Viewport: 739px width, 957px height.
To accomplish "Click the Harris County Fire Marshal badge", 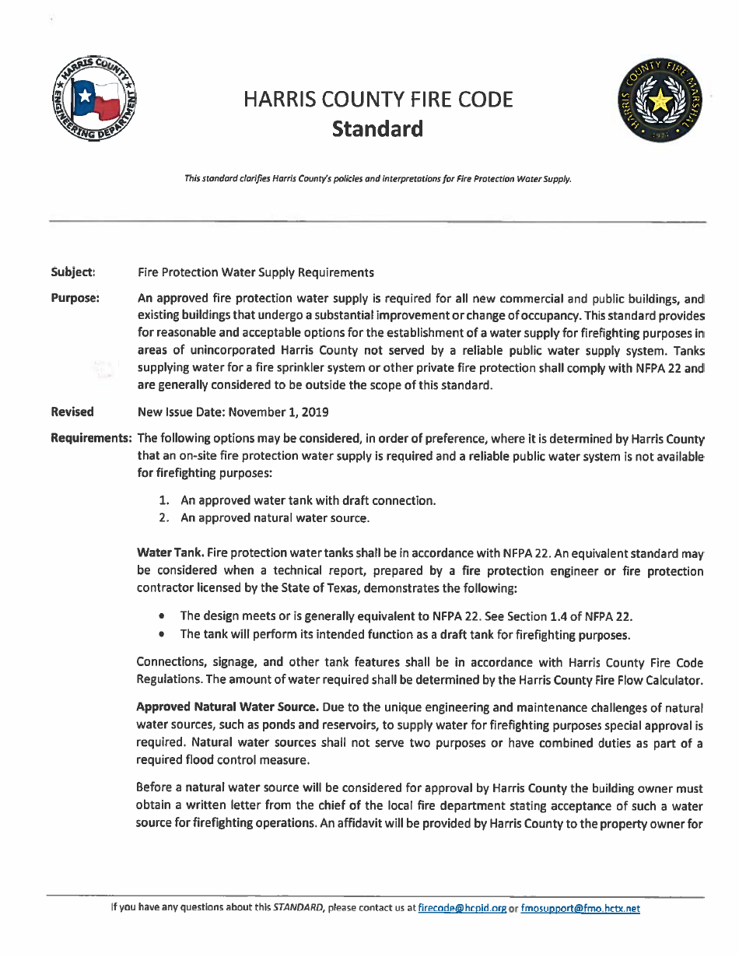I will (x=660, y=101).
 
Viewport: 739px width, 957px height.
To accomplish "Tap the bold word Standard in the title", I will (x=377, y=128).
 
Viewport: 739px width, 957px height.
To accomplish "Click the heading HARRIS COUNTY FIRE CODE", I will (x=377, y=100).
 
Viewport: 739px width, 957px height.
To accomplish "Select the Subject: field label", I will (x=72, y=272).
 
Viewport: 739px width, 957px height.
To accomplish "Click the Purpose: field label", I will (x=75, y=298).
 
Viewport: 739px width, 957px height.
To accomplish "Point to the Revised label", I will (x=72, y=412).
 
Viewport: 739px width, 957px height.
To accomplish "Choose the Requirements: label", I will (x=91, y=437).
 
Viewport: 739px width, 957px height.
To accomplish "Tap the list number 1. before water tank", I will (x=165, y=500).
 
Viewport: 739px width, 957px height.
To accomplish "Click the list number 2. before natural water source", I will (x=165, y=517).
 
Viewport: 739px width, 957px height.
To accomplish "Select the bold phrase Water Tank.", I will (x=170, y=553).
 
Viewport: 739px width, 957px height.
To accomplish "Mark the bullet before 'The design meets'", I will (x=160, y=617).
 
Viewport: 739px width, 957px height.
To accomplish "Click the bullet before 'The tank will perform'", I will (x=160, y=635).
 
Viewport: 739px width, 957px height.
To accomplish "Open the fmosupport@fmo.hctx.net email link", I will (x=580, y=908).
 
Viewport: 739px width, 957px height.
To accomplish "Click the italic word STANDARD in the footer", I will (x=299, y=908).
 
